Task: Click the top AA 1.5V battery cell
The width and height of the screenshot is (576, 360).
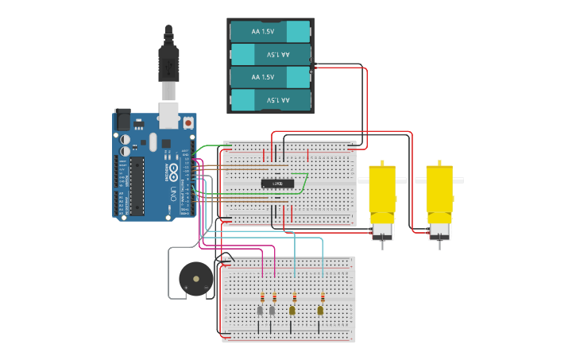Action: [x=269, y=31]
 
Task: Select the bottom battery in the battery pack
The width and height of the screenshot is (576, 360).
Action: [x=269, y=100]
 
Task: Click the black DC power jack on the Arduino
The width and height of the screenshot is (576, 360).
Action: [x=122, y=119]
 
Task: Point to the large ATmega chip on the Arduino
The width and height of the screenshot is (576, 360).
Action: [x=137, y=186]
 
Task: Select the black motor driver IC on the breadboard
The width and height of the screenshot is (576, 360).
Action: [x=277, y=184]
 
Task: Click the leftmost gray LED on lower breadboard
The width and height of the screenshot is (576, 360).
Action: [x=260, y=311]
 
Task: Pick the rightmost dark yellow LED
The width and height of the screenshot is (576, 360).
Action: [x=321, y=311]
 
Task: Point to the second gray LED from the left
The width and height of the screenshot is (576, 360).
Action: [x=273, y=311]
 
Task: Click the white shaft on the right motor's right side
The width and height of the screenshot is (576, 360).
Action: [x=458, y=180]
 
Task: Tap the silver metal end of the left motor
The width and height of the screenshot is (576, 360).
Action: [x=382, y=231]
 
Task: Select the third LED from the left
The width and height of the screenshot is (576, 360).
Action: [x=292, y=311]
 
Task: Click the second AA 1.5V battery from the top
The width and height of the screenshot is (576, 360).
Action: [x=269, y=54]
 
